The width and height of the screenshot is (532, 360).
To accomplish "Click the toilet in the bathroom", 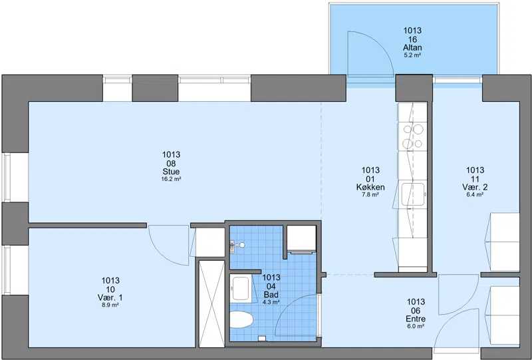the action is [241, 319].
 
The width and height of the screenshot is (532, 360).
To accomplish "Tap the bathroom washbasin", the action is [241, 288].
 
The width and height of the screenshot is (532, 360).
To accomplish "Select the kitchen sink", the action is [412, 194].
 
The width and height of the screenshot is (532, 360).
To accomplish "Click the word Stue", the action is [171, 172].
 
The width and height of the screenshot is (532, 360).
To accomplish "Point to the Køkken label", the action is [370, 187].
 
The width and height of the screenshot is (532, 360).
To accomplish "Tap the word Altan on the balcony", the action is [412, 47].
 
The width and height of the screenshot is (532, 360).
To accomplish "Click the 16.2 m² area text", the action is [171, 179].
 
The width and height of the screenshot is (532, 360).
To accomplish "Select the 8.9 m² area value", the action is [110, 305].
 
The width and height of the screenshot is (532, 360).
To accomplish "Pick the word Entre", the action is [416, 319].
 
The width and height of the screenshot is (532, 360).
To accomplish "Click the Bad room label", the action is [271, 294].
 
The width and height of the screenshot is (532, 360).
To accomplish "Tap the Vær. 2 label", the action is [475, 187].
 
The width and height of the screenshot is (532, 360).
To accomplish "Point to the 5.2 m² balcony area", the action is [412, 55].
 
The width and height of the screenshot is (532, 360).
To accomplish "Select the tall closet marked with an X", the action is [211, 304].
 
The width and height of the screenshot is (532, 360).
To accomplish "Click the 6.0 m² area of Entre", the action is [416, 326].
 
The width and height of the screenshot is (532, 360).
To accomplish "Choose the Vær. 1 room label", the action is [110, 297].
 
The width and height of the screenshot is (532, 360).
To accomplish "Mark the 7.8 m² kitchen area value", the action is [370, 194].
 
